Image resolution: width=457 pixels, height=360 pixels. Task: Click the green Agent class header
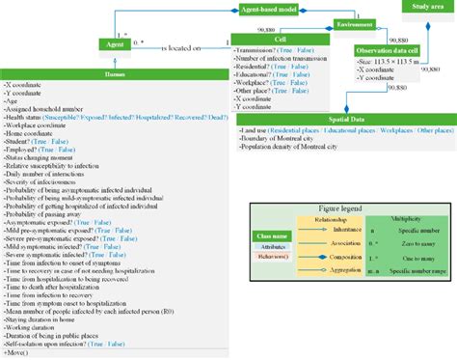click(x=115, y=43)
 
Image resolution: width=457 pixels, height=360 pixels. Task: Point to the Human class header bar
click(x=115, y=71)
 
